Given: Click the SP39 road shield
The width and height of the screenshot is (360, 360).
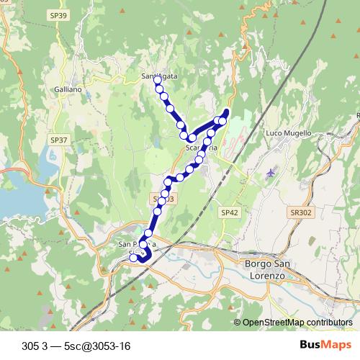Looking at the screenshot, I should coord(60,15).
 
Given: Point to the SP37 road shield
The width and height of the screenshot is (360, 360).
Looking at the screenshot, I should coord(59,140).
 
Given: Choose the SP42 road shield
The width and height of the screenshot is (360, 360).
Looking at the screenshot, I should coord(229,212).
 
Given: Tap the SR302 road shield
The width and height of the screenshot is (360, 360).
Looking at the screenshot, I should coord(302,212).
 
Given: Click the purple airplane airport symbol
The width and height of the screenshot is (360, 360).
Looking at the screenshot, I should coord(270,173).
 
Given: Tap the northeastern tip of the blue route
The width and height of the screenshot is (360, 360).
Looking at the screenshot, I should coord(227,110).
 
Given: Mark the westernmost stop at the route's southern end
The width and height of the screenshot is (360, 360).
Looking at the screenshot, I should coord(133,257).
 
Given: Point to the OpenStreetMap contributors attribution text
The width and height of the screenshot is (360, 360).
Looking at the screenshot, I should coord(297,322).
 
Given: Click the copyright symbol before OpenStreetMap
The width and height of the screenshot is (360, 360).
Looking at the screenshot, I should coord(237,322).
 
